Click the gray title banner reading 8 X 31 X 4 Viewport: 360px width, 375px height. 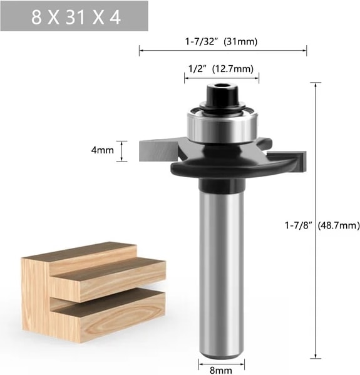(x=74, y=16)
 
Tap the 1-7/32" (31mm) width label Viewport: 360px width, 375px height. (x=221, y=41)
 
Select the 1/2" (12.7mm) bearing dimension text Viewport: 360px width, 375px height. (x=221, y=69)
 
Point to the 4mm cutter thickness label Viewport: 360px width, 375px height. (x=103, y=150)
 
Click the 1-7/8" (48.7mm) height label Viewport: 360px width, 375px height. (x=322, y=225)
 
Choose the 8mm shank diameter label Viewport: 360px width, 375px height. (x=220, y=370)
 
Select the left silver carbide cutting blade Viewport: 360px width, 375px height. (x=158, y=150)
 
